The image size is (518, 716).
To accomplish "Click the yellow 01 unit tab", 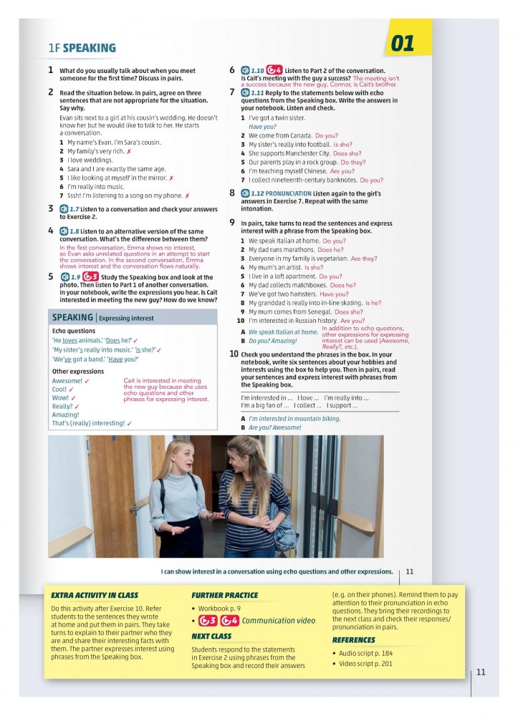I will (x=403, y=43).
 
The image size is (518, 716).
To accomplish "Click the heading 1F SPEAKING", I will (x=82, y=48).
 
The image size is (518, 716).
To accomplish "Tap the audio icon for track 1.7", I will (x=64, y=208).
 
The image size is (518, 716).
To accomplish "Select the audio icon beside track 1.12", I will (x=245, y=193).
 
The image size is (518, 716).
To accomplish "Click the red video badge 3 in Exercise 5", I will (x=90, y=277).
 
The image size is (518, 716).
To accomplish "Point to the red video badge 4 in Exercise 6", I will (x=274, y=70).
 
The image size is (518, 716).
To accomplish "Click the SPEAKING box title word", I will (x=72, y=317).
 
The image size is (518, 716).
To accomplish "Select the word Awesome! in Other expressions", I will (x=67, y=381).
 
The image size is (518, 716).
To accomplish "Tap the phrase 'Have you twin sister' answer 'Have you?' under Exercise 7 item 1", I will (x=262, y=127).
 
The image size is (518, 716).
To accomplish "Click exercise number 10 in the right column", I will (x=234, y=354).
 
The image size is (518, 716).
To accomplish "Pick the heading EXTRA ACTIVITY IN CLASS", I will (x=95, y=595).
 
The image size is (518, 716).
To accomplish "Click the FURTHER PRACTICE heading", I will (x=224, y=595).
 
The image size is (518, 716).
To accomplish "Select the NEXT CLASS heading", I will (x=211, y=636).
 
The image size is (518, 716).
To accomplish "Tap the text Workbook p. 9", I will (x=219, y=608).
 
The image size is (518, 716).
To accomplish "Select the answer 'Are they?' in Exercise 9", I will (x=364, y=258).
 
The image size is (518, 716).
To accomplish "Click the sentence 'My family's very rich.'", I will (x=95, y=152).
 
